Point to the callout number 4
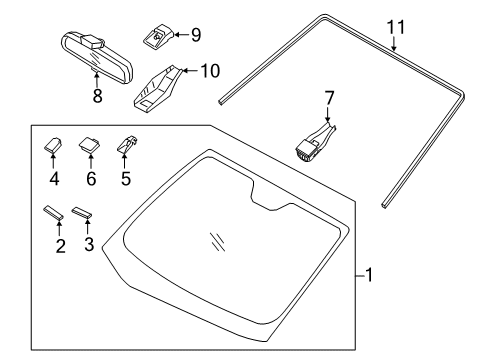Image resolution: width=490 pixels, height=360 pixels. coord(54,181)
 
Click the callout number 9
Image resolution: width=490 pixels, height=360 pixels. coord(195,35)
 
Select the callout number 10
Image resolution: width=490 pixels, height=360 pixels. coord(208,71)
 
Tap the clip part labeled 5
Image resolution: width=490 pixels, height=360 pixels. coord(126,146)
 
